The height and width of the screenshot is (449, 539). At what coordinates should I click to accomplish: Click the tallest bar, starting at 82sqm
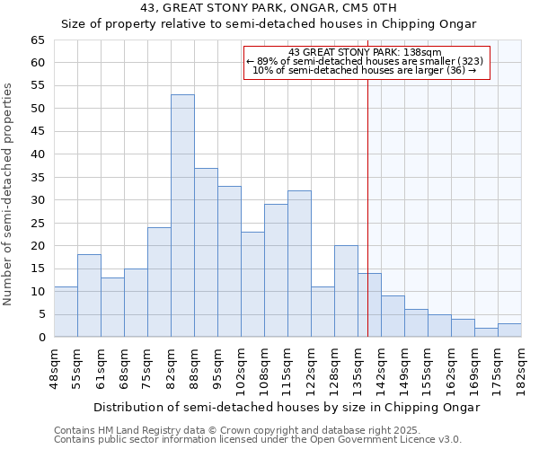tap(182, 216)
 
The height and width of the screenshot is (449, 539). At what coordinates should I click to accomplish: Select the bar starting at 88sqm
tap(206, 252)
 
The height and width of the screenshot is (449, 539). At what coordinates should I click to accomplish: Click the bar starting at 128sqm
tap(346, 291)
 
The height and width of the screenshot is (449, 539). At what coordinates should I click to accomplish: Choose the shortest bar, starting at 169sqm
tap(486, 332)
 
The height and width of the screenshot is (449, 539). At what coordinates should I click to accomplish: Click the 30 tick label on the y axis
tap(38, 200)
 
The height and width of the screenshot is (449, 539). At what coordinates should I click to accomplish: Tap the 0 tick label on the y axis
tap(41, 338)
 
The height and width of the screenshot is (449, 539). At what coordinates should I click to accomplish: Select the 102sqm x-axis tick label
tap(241, 366)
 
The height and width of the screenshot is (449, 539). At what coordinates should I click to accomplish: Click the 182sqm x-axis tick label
tap(521, 366)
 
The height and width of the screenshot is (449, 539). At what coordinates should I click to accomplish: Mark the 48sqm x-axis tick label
tap(54, 366)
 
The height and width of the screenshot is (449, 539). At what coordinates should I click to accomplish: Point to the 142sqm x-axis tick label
tap(381, 366)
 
